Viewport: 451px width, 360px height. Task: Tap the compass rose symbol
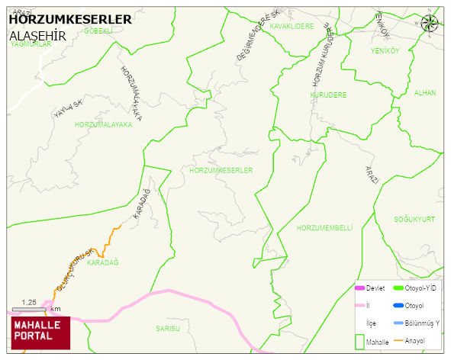(x=430, y=23)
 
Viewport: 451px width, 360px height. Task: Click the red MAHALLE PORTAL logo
(x=40, y=329)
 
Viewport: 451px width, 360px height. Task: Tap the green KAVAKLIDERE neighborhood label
(x=292, y=26)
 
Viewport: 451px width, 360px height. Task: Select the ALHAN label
(x=424, y=93)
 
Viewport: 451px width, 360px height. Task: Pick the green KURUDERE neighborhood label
(x=328, y=95)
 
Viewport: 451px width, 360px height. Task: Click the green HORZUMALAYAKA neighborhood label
(x=103, y=124)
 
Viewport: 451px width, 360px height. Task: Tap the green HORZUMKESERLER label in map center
(x=221, y=170)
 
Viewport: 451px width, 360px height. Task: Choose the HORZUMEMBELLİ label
(x=324, y=228)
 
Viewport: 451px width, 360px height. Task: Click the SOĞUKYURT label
(x=414, y=219)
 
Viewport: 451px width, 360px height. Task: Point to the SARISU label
(x=167, y=328)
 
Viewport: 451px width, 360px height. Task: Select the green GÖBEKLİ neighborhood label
(x=98, y=31)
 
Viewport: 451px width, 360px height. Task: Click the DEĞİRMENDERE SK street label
(x=253, y=45)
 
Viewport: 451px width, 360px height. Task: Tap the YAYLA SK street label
(x=67, y=108)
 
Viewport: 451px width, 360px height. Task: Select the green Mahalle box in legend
(x=359, y=342)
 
